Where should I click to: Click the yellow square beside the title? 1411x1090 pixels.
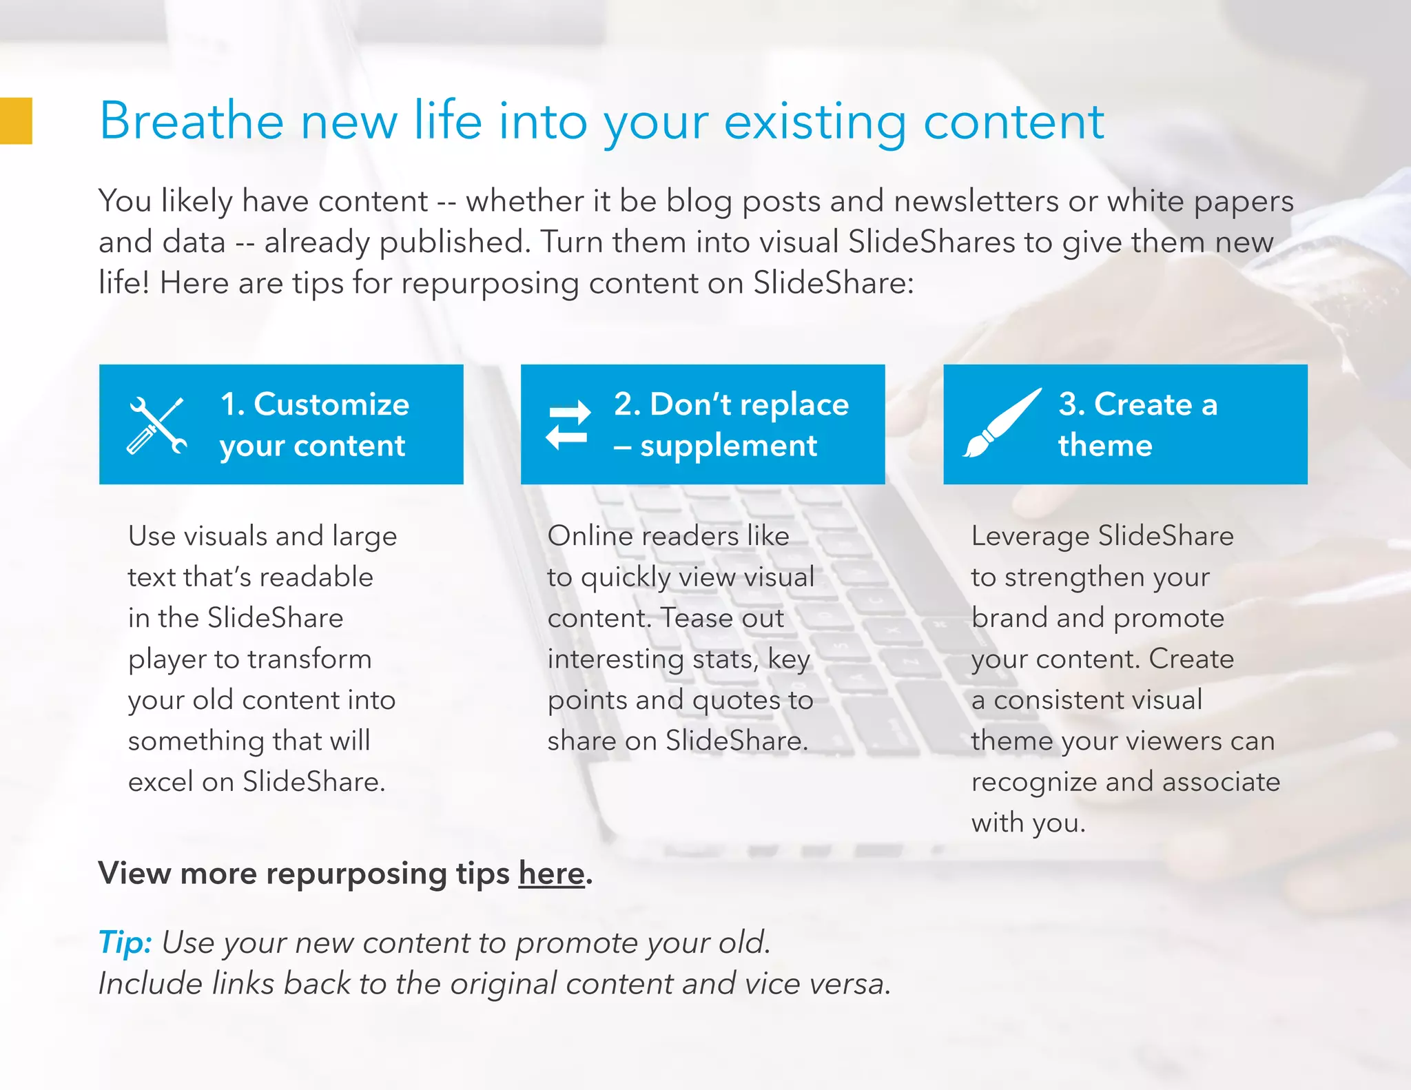15,121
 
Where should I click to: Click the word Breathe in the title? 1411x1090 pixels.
192,121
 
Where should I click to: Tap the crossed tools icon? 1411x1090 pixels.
157,425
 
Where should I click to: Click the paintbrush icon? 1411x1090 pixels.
1001,423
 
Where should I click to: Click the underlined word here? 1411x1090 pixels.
551,874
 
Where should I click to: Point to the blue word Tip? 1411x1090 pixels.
125,943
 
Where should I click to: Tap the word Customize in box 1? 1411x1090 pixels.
331,404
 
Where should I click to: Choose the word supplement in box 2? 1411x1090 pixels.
728,446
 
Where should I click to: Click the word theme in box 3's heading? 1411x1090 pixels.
1105,445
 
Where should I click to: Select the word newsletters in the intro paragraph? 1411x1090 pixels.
976,201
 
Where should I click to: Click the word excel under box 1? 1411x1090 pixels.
160,782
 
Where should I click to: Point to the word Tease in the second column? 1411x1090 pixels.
691,618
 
